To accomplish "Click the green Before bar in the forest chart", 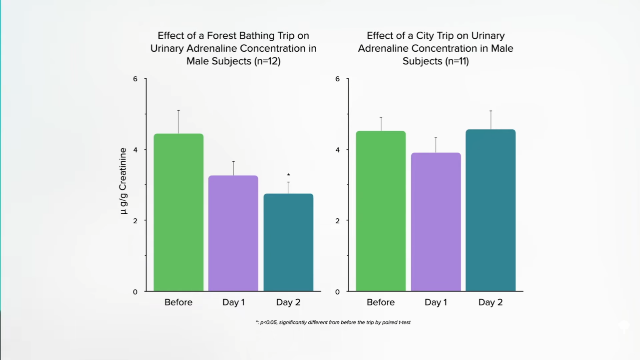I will click(178, 212).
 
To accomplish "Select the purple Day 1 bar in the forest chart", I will click(233, 233).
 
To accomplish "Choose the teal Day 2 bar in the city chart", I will click(490, 210).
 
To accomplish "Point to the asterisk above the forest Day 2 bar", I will click(288, 175).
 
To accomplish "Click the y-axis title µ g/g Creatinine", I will click(123, 181).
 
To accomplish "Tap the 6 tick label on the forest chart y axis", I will click(135, 79).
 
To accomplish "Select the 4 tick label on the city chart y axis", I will click(337, 150).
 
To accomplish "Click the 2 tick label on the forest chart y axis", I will click(135, 221).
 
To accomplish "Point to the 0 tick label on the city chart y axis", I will click(337, 292).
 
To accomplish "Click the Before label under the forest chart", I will click(178, 302).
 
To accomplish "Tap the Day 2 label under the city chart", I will click(490, 302).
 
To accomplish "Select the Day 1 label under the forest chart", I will click(233, 302).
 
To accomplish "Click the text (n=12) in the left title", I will click(267, 61).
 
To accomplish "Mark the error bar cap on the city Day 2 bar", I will click(491, 111).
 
